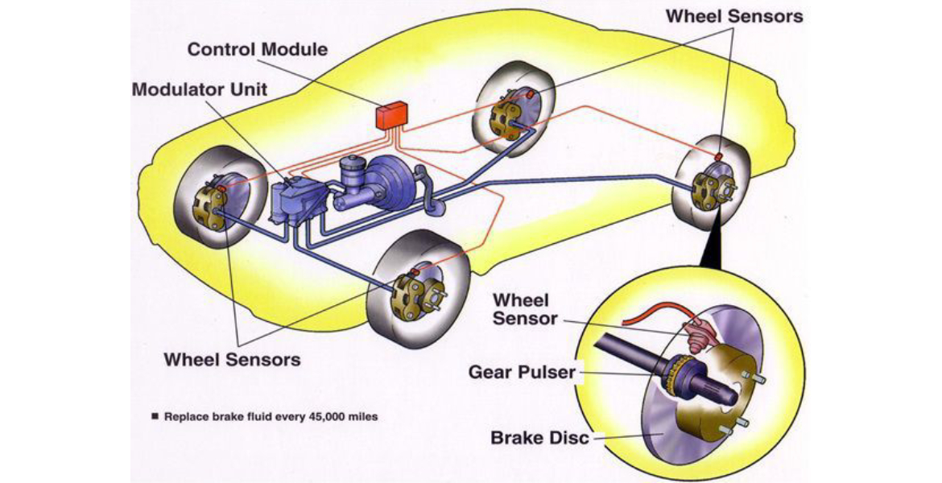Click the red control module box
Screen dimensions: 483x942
[x=392, y=116]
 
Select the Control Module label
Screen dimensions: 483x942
[x=258, y=50]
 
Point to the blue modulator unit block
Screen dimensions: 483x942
[x=295, y=204]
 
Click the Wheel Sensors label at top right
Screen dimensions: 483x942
[x=735, y=16]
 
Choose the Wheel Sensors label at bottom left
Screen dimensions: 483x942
[x=232, y=359]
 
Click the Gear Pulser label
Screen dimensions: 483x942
[x=523, y=373]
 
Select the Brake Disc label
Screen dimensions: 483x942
[x=539, y=439]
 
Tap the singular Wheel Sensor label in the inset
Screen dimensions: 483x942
[x=525, y=309]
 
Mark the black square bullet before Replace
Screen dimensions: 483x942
[x=154, y=418]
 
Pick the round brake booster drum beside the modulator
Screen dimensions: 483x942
[x=394, y=185]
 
